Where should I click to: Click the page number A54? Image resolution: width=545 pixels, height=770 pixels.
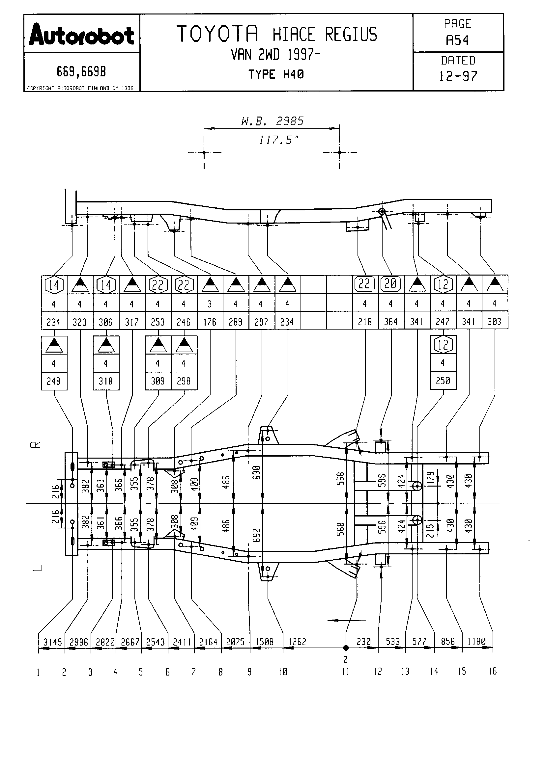pos(457,40)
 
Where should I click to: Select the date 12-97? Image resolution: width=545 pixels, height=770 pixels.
pos(458,76)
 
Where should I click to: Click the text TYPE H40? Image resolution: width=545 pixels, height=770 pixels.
pos(276,74)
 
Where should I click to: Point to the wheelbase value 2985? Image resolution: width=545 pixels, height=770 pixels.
pos(290,121)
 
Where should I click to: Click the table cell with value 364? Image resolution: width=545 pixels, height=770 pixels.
pos(391,322)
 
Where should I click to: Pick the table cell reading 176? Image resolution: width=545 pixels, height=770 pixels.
pos(210,322)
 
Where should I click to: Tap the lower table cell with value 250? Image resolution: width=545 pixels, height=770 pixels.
pos(443,381)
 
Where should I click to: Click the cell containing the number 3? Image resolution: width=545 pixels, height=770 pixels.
pos(210,304)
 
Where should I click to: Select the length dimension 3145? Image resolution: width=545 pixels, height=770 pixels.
pos(53,642)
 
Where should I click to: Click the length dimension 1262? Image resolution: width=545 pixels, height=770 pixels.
pos(297,642)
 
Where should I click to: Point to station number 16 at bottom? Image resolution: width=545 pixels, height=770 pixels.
pos(492,671)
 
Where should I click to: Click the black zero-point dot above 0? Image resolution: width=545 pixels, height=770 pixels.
pos(346,648)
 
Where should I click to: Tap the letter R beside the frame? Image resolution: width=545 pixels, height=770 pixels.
pos(35,444)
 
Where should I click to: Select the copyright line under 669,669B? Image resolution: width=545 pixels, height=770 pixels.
pos(80,88)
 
